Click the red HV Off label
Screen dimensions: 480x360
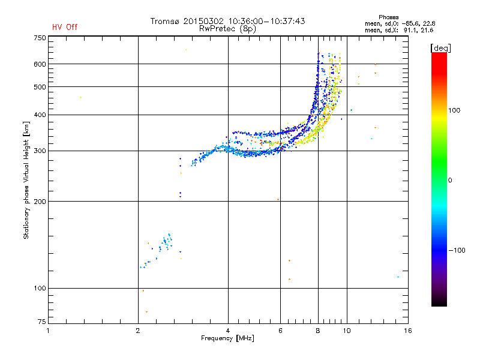65,27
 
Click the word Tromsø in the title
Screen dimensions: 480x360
164,21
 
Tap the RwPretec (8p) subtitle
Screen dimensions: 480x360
227,29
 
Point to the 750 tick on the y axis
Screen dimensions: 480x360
40,38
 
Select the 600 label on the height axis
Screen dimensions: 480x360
40,64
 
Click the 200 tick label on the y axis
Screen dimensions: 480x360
40,202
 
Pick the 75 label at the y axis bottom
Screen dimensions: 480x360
41,322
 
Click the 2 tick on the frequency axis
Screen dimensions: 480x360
138,331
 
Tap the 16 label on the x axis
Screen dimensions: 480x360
408,331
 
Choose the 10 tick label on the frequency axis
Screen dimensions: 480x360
347,331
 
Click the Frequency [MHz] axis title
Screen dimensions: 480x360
227,338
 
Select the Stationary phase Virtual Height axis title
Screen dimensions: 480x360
26,181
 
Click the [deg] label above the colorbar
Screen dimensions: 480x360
440,48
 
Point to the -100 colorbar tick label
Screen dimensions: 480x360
457,250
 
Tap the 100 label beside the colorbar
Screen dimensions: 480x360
454,110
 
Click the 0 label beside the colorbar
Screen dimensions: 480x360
450,181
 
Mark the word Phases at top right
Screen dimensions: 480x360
388,17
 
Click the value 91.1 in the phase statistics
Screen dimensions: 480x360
410,31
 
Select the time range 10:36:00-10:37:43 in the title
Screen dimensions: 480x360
266,21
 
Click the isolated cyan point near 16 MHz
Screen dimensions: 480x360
398,277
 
